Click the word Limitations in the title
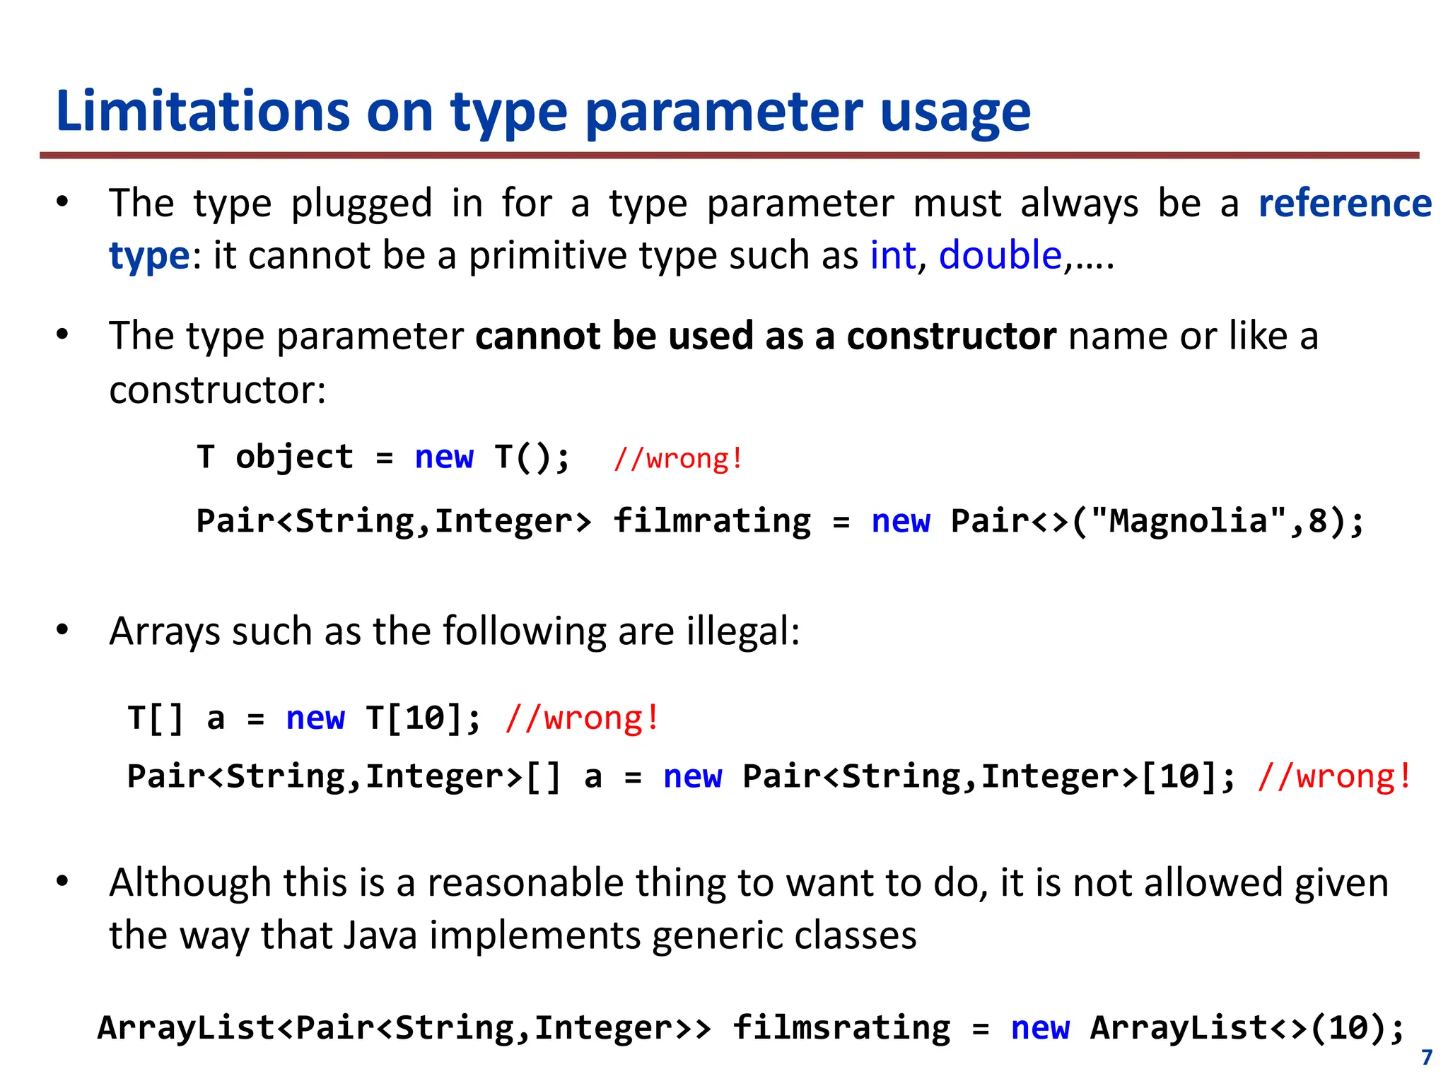[x=202, y=112]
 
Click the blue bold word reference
[x=1345, y=204]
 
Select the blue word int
[x=892, y=255]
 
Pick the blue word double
[x=1000, y=255]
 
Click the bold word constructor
[x=951, y=336]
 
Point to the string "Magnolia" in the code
[x=1188, y=521]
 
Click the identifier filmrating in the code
[x=712, y=521]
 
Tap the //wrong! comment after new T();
[x=678, y=458]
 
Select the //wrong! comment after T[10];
[x=583, y=718]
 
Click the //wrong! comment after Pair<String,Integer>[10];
[x=1334, y=776]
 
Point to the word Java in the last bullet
[x=381, y=935]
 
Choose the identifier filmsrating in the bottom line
[x=841, y=1028]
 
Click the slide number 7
[x=1427, y=1058]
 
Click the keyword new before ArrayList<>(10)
[x=1040, y=1028]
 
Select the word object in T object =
[x=294, y=457]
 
